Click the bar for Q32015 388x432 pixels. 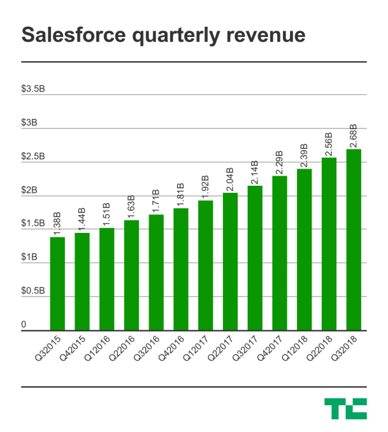click(57, 283)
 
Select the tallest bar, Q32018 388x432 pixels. click(353, 240)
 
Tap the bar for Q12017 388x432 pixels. click(205, 265)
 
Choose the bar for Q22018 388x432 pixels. click(329, 244)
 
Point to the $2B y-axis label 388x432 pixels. click(29, 190)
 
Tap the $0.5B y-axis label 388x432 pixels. click(33, 291)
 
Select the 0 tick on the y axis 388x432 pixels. click(24, 324)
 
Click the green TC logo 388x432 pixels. click(345, 409)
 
